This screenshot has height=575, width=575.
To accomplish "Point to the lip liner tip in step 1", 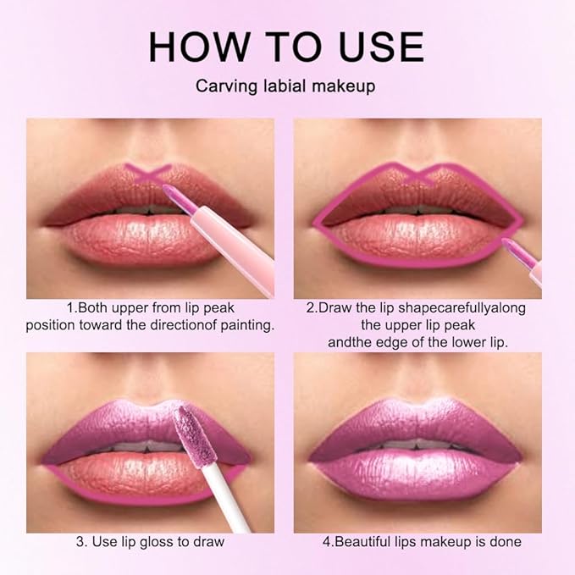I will [x=166, y=194].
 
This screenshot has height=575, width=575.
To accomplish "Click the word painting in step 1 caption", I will [x=245, y=325].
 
